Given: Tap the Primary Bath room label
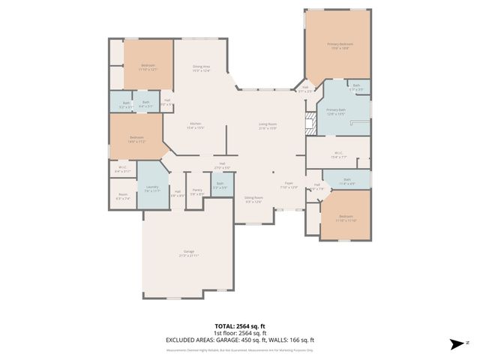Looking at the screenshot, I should point(335,111).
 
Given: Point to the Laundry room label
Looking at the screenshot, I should point(152,188).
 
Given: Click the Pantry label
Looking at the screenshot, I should point(196,192).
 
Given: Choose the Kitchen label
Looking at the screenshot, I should point(195,125).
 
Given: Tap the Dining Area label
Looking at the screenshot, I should point(201,68).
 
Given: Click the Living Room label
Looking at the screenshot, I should point(268,125).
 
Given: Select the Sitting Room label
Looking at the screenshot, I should point(253,199).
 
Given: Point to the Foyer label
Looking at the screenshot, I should point(289,184).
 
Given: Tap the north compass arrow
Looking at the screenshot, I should point(454,344).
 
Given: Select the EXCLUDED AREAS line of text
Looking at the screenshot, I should point(239,340).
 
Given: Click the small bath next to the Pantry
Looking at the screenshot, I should point(220,184).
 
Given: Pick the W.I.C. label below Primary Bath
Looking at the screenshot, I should point(338,155).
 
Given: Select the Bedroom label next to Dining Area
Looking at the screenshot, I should point(148,67).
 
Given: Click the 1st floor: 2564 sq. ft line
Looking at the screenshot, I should point(239,334).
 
